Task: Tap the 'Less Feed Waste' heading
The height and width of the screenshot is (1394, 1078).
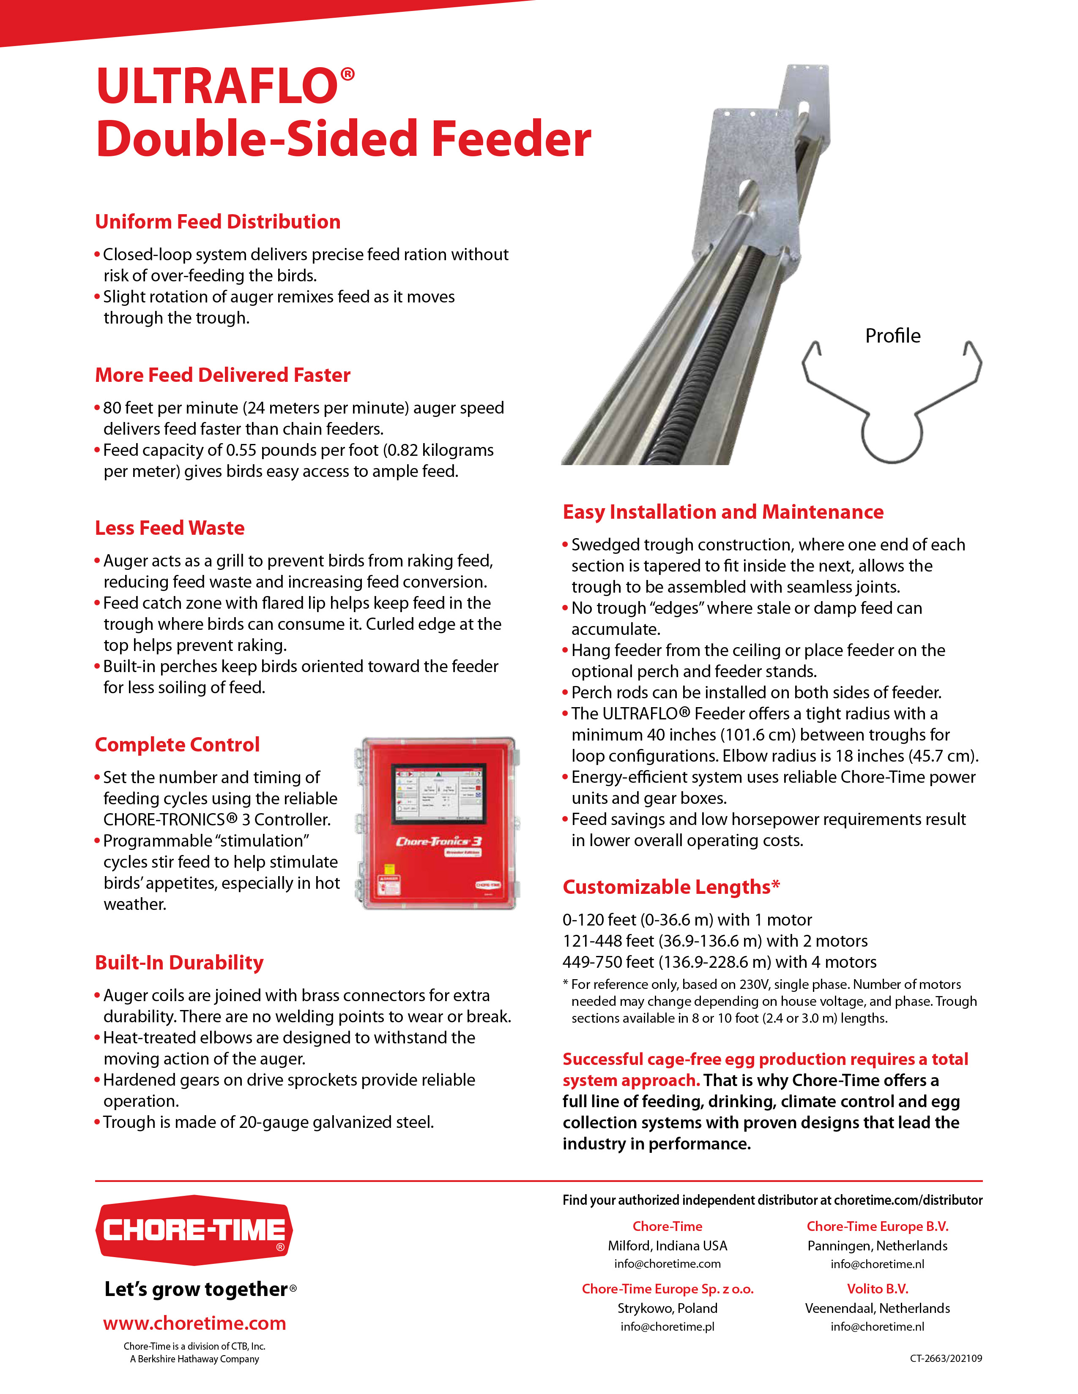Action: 170,528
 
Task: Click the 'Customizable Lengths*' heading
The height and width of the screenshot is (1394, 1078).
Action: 671,887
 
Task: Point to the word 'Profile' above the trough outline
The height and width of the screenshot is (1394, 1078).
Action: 893,336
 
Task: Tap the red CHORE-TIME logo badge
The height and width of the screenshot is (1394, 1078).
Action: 194,1230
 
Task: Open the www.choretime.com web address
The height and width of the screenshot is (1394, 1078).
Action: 195,1323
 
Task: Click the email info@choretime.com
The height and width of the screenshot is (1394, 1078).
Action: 668,1264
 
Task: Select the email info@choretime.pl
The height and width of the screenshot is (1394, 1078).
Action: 668,1326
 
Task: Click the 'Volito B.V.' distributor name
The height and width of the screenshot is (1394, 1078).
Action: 878,1289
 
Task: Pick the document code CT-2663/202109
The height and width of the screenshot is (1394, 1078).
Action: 946,1376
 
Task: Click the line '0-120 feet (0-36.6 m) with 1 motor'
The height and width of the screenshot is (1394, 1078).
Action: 687,920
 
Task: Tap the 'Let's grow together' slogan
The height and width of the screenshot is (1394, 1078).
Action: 197,1289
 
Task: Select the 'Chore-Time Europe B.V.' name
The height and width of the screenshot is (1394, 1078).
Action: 878,1226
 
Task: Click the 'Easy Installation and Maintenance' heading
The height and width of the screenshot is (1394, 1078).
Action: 723,512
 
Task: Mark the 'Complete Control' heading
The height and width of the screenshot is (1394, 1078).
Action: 178,744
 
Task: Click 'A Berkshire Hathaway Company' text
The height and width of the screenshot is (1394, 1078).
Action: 195,1359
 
